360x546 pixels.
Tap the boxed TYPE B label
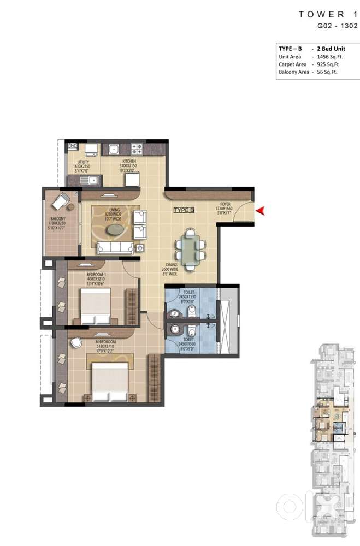(x=184, y=210)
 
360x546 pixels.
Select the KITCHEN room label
(x=129, y=161)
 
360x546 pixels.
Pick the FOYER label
(x=224, y=201)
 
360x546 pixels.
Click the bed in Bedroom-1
(x=96, y=306)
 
